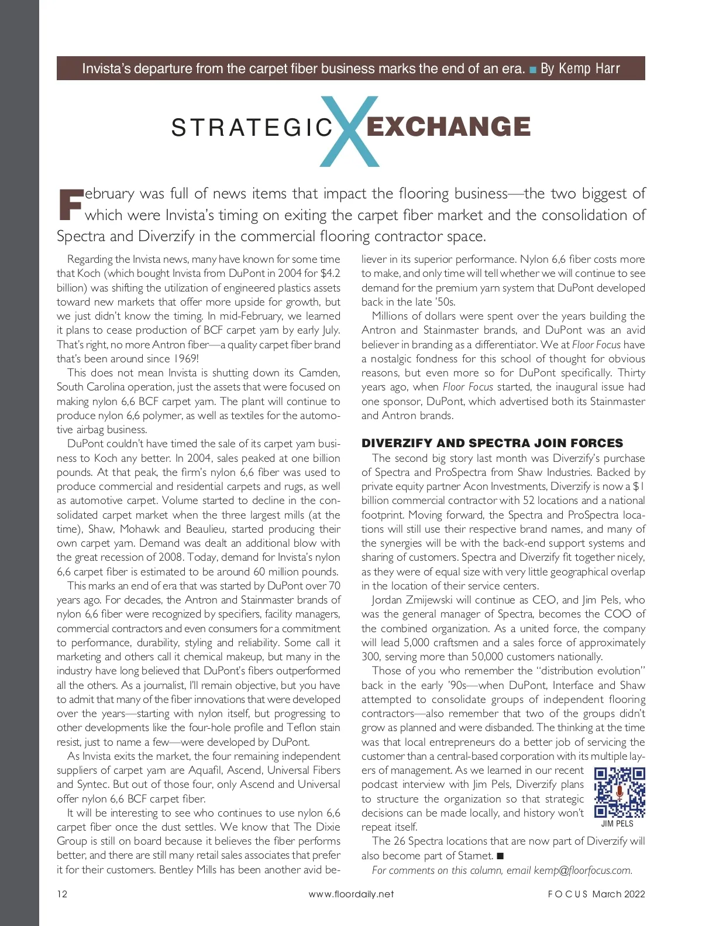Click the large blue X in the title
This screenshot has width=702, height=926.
coord(350,131)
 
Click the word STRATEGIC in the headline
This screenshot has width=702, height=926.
coord(252,128)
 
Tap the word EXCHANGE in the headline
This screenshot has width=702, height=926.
coord(448,127)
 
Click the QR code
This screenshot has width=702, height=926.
coord(620,793)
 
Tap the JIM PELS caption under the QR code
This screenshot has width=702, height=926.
coord(617,824)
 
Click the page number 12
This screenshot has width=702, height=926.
coord(62,894)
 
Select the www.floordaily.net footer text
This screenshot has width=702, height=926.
coord(351,894)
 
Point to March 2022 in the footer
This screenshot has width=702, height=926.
coord(618,894)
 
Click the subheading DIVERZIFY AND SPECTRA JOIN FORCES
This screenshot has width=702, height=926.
coord(492,443)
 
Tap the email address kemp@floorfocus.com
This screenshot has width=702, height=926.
coord(583,870)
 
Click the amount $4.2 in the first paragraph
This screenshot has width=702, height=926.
coord(330,273)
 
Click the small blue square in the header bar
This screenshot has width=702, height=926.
coord(533,70)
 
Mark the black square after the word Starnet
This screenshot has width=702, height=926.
coord(500,856)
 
